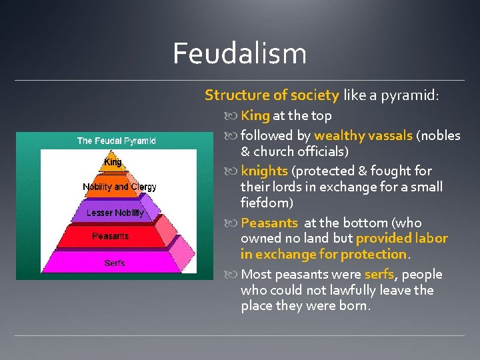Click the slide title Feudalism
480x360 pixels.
[x=239, y=54]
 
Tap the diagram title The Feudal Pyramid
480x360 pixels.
[x=117, y=141]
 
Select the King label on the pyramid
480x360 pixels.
[x=113, y=162]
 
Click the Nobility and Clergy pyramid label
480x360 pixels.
[x=119, y=187]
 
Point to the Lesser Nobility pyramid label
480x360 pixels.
[x=115, y=213]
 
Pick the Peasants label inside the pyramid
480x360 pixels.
[x=111, y=236]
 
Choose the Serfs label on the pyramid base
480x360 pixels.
[x=115, y=263]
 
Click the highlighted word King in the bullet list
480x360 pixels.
[x=255, y=116]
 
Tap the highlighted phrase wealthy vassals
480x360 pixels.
[x=363, y=135]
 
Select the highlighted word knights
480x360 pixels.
[x=264, y=171]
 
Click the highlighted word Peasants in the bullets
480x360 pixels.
[x=269, y=223]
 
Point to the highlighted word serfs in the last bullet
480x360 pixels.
[x=379, y=275]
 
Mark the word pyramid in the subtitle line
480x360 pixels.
[x=409, y=95]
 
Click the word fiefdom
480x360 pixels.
[x=267, y=203]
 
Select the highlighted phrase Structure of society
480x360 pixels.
[x=272, y=95]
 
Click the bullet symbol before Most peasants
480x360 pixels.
[x=233, y=275]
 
